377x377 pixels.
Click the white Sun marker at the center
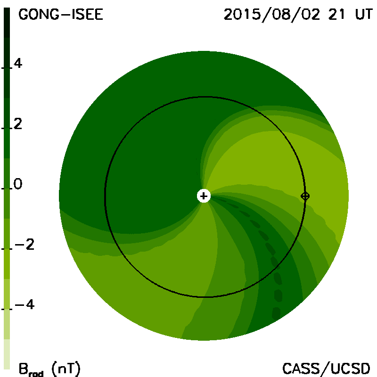pos(204,196)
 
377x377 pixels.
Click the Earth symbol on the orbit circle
pos(305,196)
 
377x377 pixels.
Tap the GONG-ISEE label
pos(61,15)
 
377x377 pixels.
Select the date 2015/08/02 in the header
pos(272,15)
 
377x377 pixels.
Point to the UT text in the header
pos(364,15)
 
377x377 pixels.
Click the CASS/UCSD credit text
pos(326,369)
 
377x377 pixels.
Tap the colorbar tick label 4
pos(18,64)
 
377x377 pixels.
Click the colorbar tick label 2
pos(18,124)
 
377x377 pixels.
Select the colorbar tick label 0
pos(18,184)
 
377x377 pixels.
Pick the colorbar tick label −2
pos(25,244)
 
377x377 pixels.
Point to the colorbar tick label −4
pos(25,304)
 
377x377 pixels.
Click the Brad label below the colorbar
pos(31,370)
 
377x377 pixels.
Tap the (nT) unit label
pos(66,369)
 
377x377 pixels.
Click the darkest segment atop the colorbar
pos(7,23)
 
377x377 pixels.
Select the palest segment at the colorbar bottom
pos(7,354)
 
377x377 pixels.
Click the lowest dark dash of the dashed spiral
pos(276,313)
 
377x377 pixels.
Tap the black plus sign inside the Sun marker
pos(204,196)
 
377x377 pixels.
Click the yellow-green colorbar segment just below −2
pos(7,264)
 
